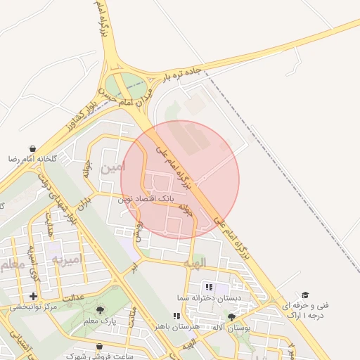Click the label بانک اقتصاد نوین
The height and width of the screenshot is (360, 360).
(x=150, y=199)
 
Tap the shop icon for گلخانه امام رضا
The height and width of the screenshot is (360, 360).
(x=33, y=149)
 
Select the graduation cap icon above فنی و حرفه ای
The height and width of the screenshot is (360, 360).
(x=304, y=295)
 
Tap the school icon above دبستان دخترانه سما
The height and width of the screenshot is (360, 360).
(x=209, y=287)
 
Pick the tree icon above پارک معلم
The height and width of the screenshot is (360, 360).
(x=100, y=310)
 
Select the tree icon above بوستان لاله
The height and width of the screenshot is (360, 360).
(x=231, y=318)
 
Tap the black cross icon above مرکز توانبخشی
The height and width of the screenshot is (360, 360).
(x=33, y=296)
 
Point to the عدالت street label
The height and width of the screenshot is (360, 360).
(x=74, y=297)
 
